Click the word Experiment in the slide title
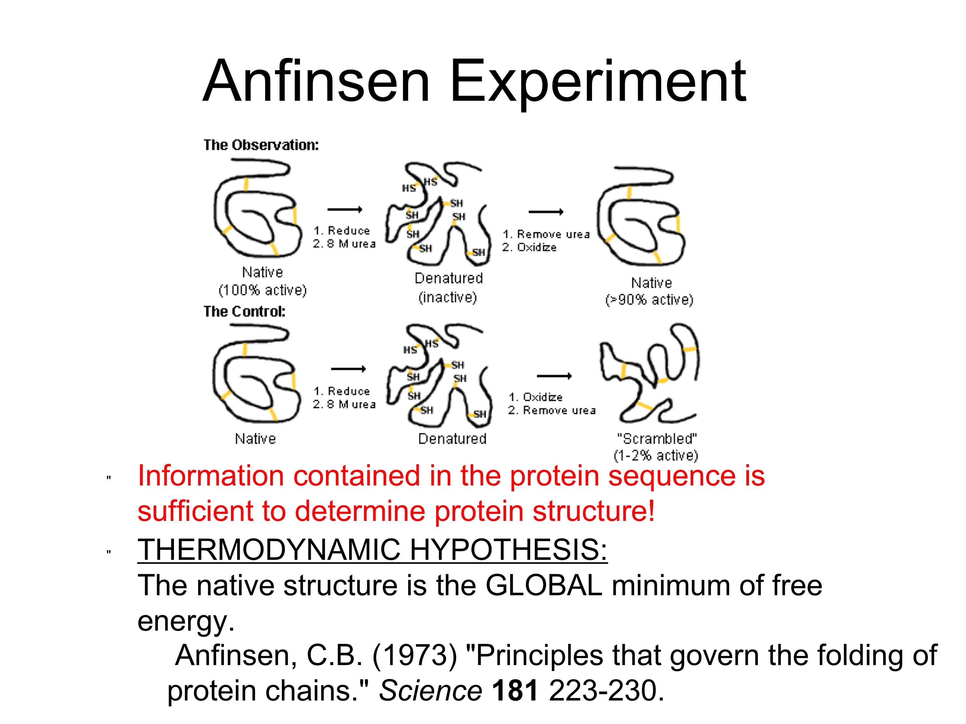[x=598, y=82]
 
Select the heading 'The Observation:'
[x=261, y=145]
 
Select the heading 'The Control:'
[x=244, y=311]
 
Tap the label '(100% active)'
[x=263, y=290]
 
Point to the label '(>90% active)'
[x=649, y=300]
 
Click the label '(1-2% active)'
[x=656, y=456]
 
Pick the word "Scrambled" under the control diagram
[x=657, y=438]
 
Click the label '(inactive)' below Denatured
[x=448, y=298]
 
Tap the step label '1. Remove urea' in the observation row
[x=546, y=234]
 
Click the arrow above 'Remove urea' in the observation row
[x=546, y=212]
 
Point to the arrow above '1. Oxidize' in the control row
[x=554, y=376]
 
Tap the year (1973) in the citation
[x=415, y=655]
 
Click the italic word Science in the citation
[x=430, y=691]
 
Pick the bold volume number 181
[x=515, y=691]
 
